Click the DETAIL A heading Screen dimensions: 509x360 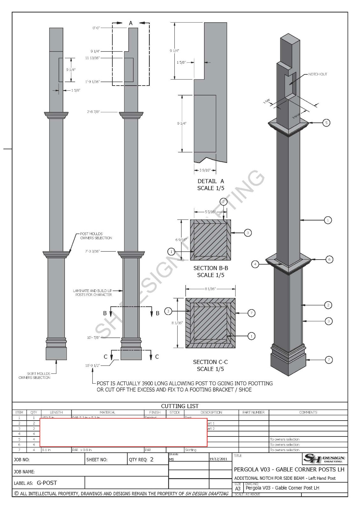(x=210, y=181)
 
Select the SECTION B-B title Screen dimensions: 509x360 (x=210, y=268)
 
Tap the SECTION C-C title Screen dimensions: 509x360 (x=210, y=362)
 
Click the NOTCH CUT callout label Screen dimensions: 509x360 (x=317, y=74)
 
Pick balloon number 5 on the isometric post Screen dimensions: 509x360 (x=326, y=122)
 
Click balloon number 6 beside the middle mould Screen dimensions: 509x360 (x=329, y=260)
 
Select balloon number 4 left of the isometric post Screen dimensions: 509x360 (x=255, y=264)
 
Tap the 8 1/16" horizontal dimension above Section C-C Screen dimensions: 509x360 (x=210, y=289)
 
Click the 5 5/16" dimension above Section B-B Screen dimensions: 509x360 (x=210, y=212)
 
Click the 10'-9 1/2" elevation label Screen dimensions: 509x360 (x=93, y=366)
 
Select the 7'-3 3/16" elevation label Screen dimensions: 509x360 (x=92, y=251)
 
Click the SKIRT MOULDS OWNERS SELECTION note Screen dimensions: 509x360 (x=34, y=376)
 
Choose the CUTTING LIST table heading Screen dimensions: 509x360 (x=180, y=406)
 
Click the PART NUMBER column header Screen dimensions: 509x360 (x=253, y=412)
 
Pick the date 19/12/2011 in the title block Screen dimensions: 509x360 (x=218, y=459)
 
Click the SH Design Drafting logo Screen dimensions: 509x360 (x=324, y=459)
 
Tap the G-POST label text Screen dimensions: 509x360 (x=47, y=483)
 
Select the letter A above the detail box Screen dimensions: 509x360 (x=131, y=23)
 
